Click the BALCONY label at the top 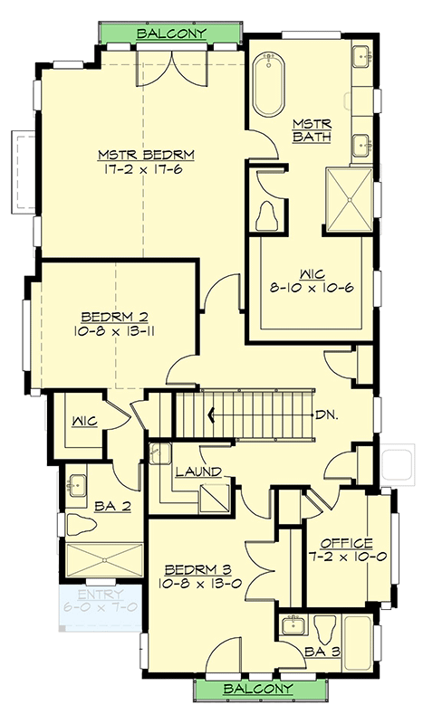click(171, 33)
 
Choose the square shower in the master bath click(349, 198)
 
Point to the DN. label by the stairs click(327, 415)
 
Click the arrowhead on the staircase click(212, 415)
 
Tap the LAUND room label click(194, 472)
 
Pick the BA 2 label click(111, 507)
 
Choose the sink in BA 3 click(293, 624)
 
